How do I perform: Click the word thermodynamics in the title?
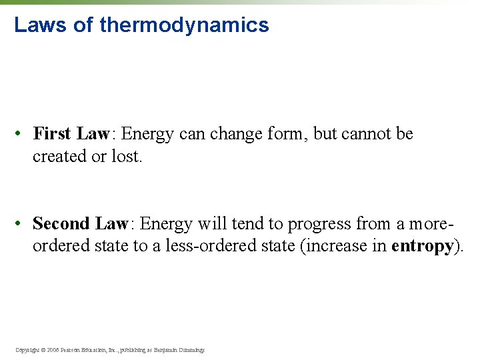[184, 25]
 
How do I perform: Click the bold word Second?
[61, 223]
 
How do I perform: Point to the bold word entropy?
[423, 246]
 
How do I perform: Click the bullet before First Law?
[22, 135]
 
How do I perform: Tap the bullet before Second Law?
[22, 224]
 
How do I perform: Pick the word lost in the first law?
[128, 157]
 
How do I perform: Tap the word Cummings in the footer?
[191, 350]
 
